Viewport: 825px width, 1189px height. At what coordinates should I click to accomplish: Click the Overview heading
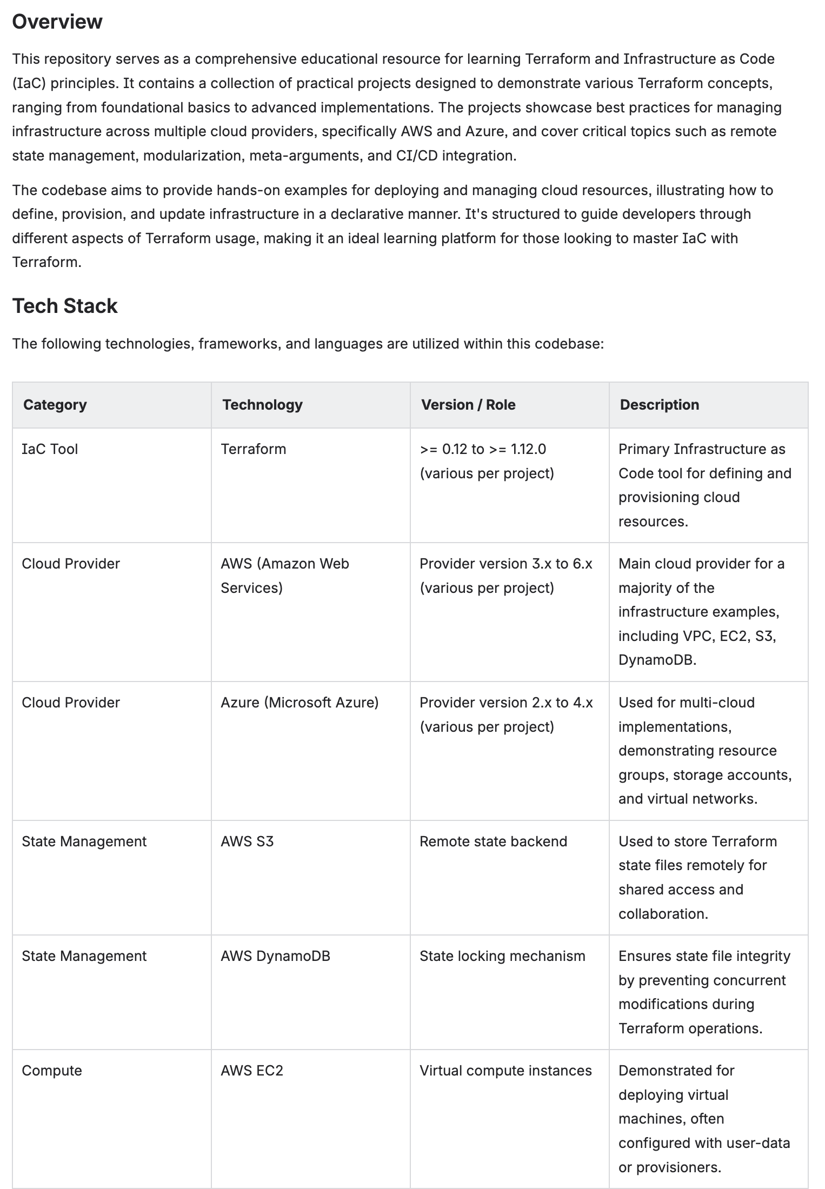[x=57, y=22]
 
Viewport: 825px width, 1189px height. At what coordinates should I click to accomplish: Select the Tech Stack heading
[x=65, y=306]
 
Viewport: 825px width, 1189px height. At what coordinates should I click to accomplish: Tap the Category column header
[x=55, y=405]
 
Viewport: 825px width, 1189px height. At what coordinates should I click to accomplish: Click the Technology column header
[x=262, y=405]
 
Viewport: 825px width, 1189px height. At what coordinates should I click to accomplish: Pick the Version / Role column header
[x=468, y=405]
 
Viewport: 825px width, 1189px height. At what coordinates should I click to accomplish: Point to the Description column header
[x=659, y=405]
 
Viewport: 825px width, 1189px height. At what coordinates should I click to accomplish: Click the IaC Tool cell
[x=50, y=449]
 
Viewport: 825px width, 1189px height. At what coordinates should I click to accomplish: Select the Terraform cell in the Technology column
[x=253, y=449]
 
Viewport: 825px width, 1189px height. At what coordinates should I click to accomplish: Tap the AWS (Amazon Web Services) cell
[x=284, y=575]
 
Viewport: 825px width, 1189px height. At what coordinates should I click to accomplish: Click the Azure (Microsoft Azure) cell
[x=300, y=703]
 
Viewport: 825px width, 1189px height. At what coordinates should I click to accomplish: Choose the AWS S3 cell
[x=247, y=841]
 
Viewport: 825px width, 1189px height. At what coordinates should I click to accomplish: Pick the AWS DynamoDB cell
[x=275, y=956]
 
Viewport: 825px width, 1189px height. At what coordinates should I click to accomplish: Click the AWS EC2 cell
[x=252, y=1071]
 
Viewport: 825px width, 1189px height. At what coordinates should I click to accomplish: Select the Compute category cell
[x=52, y=1071]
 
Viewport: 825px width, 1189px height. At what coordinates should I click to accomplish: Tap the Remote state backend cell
[x=493, y=841]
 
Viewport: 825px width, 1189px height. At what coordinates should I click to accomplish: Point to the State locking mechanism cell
[x=502, y=956]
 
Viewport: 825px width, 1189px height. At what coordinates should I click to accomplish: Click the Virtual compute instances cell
[x=505, y=1071]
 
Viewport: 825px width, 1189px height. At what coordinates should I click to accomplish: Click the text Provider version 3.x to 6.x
[x=505, y=564]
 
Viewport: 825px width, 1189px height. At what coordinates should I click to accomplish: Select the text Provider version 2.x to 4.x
[x=505, y=703]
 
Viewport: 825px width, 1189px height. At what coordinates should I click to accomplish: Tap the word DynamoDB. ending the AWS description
[x=657, y=660]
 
